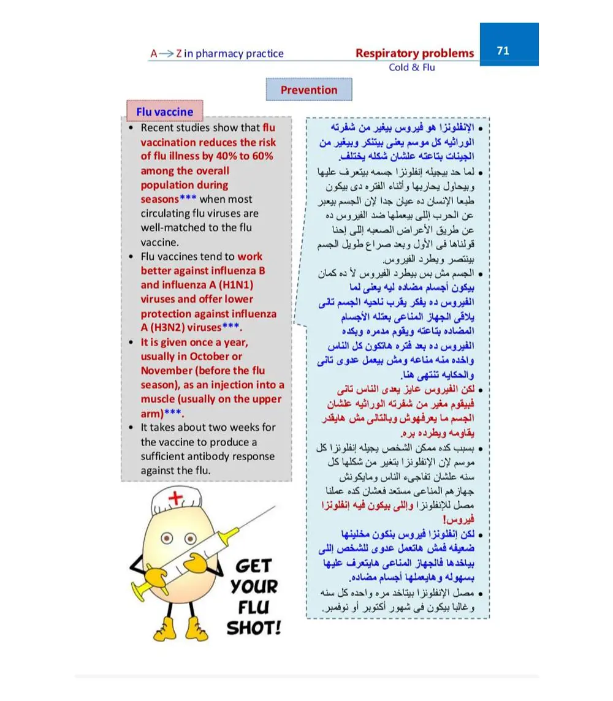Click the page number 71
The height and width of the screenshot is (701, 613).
click(x=503, y=51)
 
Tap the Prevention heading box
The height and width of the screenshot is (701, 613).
click(x=309, y=90)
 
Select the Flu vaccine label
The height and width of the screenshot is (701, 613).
click(x=164, y=112)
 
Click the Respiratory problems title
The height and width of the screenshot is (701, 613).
click(x=414, y=53)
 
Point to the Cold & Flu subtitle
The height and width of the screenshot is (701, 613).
click(x=411, y=67)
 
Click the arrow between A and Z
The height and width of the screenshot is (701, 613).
click(x=167, y=54)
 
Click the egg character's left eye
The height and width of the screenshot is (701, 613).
click(x=167, y=539)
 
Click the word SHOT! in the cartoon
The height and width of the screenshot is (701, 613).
click(x=253, y=629)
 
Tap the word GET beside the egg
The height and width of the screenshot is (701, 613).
click(x=253, y=566)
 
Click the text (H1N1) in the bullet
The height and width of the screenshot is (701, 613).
click(x=232, y=286)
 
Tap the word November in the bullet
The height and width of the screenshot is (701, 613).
click(x=166, y=371)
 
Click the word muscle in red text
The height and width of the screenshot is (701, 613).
click(x=158, y=399)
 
